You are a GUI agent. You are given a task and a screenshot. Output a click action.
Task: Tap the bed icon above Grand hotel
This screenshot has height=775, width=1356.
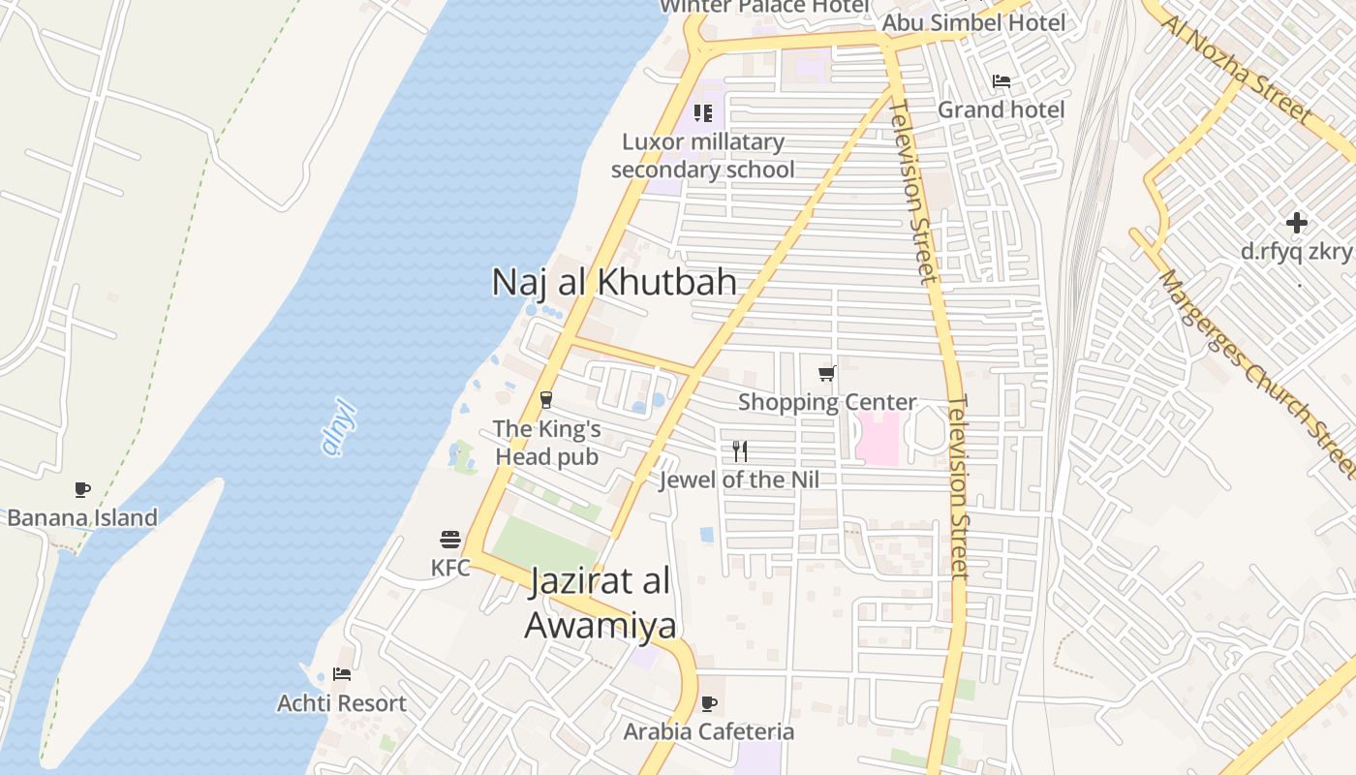(x=1002, y=81)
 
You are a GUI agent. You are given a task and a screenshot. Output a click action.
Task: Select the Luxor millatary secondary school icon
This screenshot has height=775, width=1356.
(x=703, y=113)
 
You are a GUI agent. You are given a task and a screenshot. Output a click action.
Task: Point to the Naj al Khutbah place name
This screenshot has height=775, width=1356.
(x=614, y=282)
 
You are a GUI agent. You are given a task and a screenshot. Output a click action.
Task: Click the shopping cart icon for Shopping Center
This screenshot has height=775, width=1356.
(x=827, y=373)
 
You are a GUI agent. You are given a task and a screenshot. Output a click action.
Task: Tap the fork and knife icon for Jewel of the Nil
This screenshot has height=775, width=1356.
(x=740, y=450)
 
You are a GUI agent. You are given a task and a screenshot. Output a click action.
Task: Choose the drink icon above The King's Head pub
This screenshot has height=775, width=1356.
(x=546, y=399)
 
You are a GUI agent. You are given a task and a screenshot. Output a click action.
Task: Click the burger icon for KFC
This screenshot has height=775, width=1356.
(x=450, y=539)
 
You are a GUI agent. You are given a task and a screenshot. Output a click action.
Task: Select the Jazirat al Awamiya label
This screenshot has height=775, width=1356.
(x=601, y=604)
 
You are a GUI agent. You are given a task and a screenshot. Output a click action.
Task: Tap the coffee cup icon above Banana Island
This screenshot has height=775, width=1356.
(x=82, y=490)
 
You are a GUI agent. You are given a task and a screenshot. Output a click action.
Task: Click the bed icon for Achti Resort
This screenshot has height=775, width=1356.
(x=341, y=673)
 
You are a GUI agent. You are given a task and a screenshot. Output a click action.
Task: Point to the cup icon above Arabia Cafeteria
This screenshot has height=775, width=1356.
(x=709, y=703)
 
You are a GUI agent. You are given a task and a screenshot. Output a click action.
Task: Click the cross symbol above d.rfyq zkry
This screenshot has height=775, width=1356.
(x=1297, y=223)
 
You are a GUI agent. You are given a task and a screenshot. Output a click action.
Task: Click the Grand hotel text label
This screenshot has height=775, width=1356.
(x=1001, y=109)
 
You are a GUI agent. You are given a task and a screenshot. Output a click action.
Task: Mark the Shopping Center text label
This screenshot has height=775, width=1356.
(x=827, y=402)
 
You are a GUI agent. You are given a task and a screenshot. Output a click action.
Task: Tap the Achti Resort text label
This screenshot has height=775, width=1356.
(x=342, y=703)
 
